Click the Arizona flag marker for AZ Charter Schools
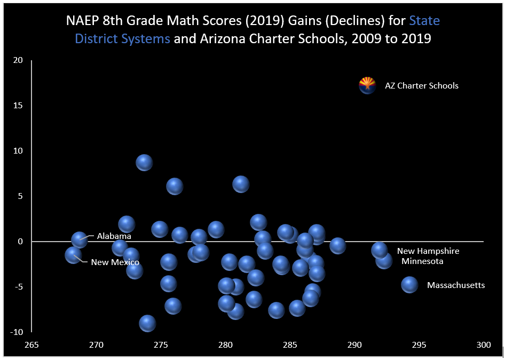pos(367,85)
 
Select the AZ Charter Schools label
pos(422,86)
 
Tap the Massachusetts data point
pos(409,284)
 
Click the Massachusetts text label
pos(456,285)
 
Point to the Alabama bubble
pos(80,239)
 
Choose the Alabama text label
pos(114,236)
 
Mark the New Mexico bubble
pos(73,255)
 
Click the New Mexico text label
pos(115,262)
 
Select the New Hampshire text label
pos(428,251)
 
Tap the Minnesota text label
pos(422,261)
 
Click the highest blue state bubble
pos(144,162)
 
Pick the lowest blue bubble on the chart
pos(147,323)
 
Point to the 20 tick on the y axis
pos(19,60)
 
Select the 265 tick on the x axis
pos(32,345)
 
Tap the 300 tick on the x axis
pos(484,345)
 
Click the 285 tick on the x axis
pos(290,345)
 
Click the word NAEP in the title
pos(82,21)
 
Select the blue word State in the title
pos(424,21)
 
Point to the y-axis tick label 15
pos(19,106)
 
